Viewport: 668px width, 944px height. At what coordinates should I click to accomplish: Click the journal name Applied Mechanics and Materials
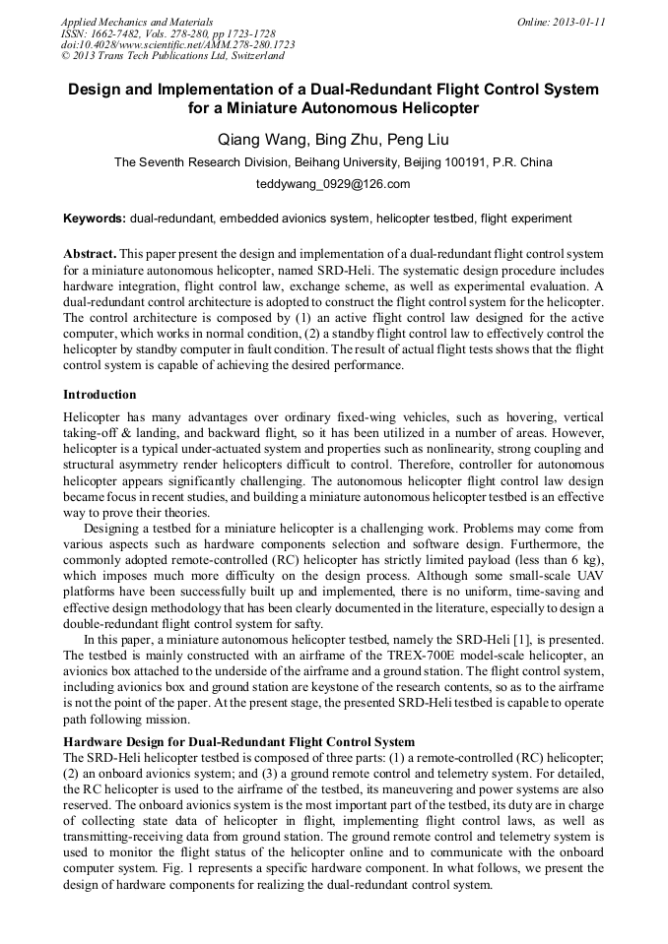(x=137, y=22)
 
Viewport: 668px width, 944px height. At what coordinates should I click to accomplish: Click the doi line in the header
(x=177, y=45)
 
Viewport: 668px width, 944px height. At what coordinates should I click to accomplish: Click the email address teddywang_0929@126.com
(x=333, y=184)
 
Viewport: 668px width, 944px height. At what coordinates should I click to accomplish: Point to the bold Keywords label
(x=95, y=218)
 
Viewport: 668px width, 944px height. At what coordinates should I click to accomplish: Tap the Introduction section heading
(x=100, y=395)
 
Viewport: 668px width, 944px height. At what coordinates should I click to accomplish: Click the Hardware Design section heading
(x=238, y=741)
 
